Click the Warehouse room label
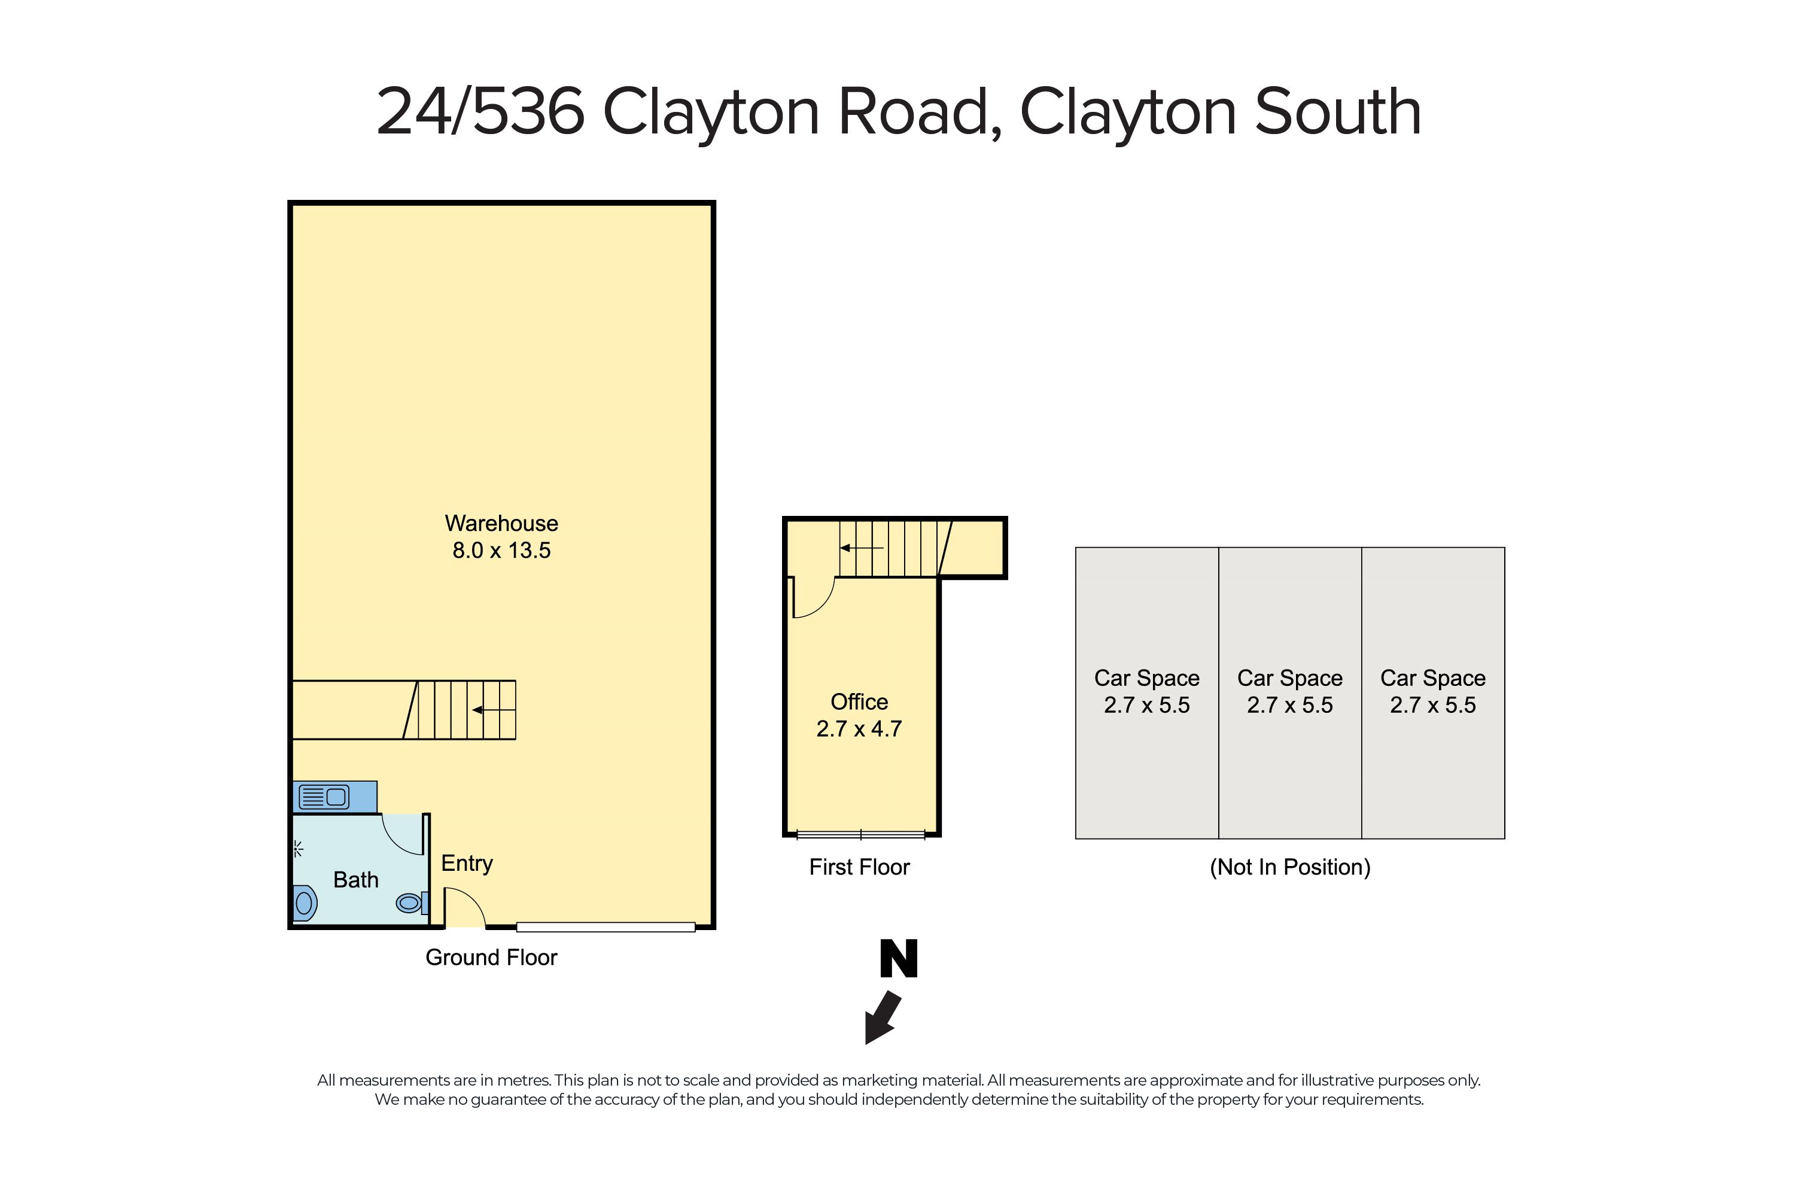pyautogui.click(x=501, y=523)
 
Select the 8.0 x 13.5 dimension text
pyautogui.click(x=501, y=551)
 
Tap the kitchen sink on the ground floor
pyautogui.click(x=324, y=797)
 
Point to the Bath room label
pyautogui.click(x=355, y=880)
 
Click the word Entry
pyautogui.click(x=467, y=863)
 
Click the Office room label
pyautogui.click(x=859, y=701)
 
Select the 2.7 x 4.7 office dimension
pyautogui.click(x=859, y=729)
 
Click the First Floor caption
pyautogui.click(x=859, y=867)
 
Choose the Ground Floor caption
pyautogui.click(x=491, y=957)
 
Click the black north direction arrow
pyautogui.click(x=883, y=1017)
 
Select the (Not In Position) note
pyautogui.click(x=1289, y=867)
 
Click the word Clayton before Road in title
pyautogui.click(x=710, y=113)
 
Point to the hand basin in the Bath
pyautogui.click(x=304, y=903)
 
